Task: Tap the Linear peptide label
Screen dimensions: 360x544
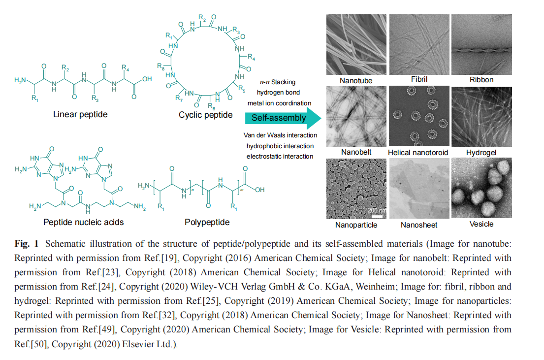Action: [80, 115]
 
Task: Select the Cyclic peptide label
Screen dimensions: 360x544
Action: [206, 115]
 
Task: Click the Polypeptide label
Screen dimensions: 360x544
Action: [207, 222]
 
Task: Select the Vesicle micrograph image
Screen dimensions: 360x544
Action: [481, 188]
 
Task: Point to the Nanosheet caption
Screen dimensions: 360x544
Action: [419, 225]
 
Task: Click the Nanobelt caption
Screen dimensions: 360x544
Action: [356, 152]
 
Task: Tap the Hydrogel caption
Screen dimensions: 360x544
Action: [481, 153]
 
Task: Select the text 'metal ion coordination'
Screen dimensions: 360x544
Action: [280, 103]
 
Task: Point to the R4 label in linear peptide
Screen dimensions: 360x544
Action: [126, 67]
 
